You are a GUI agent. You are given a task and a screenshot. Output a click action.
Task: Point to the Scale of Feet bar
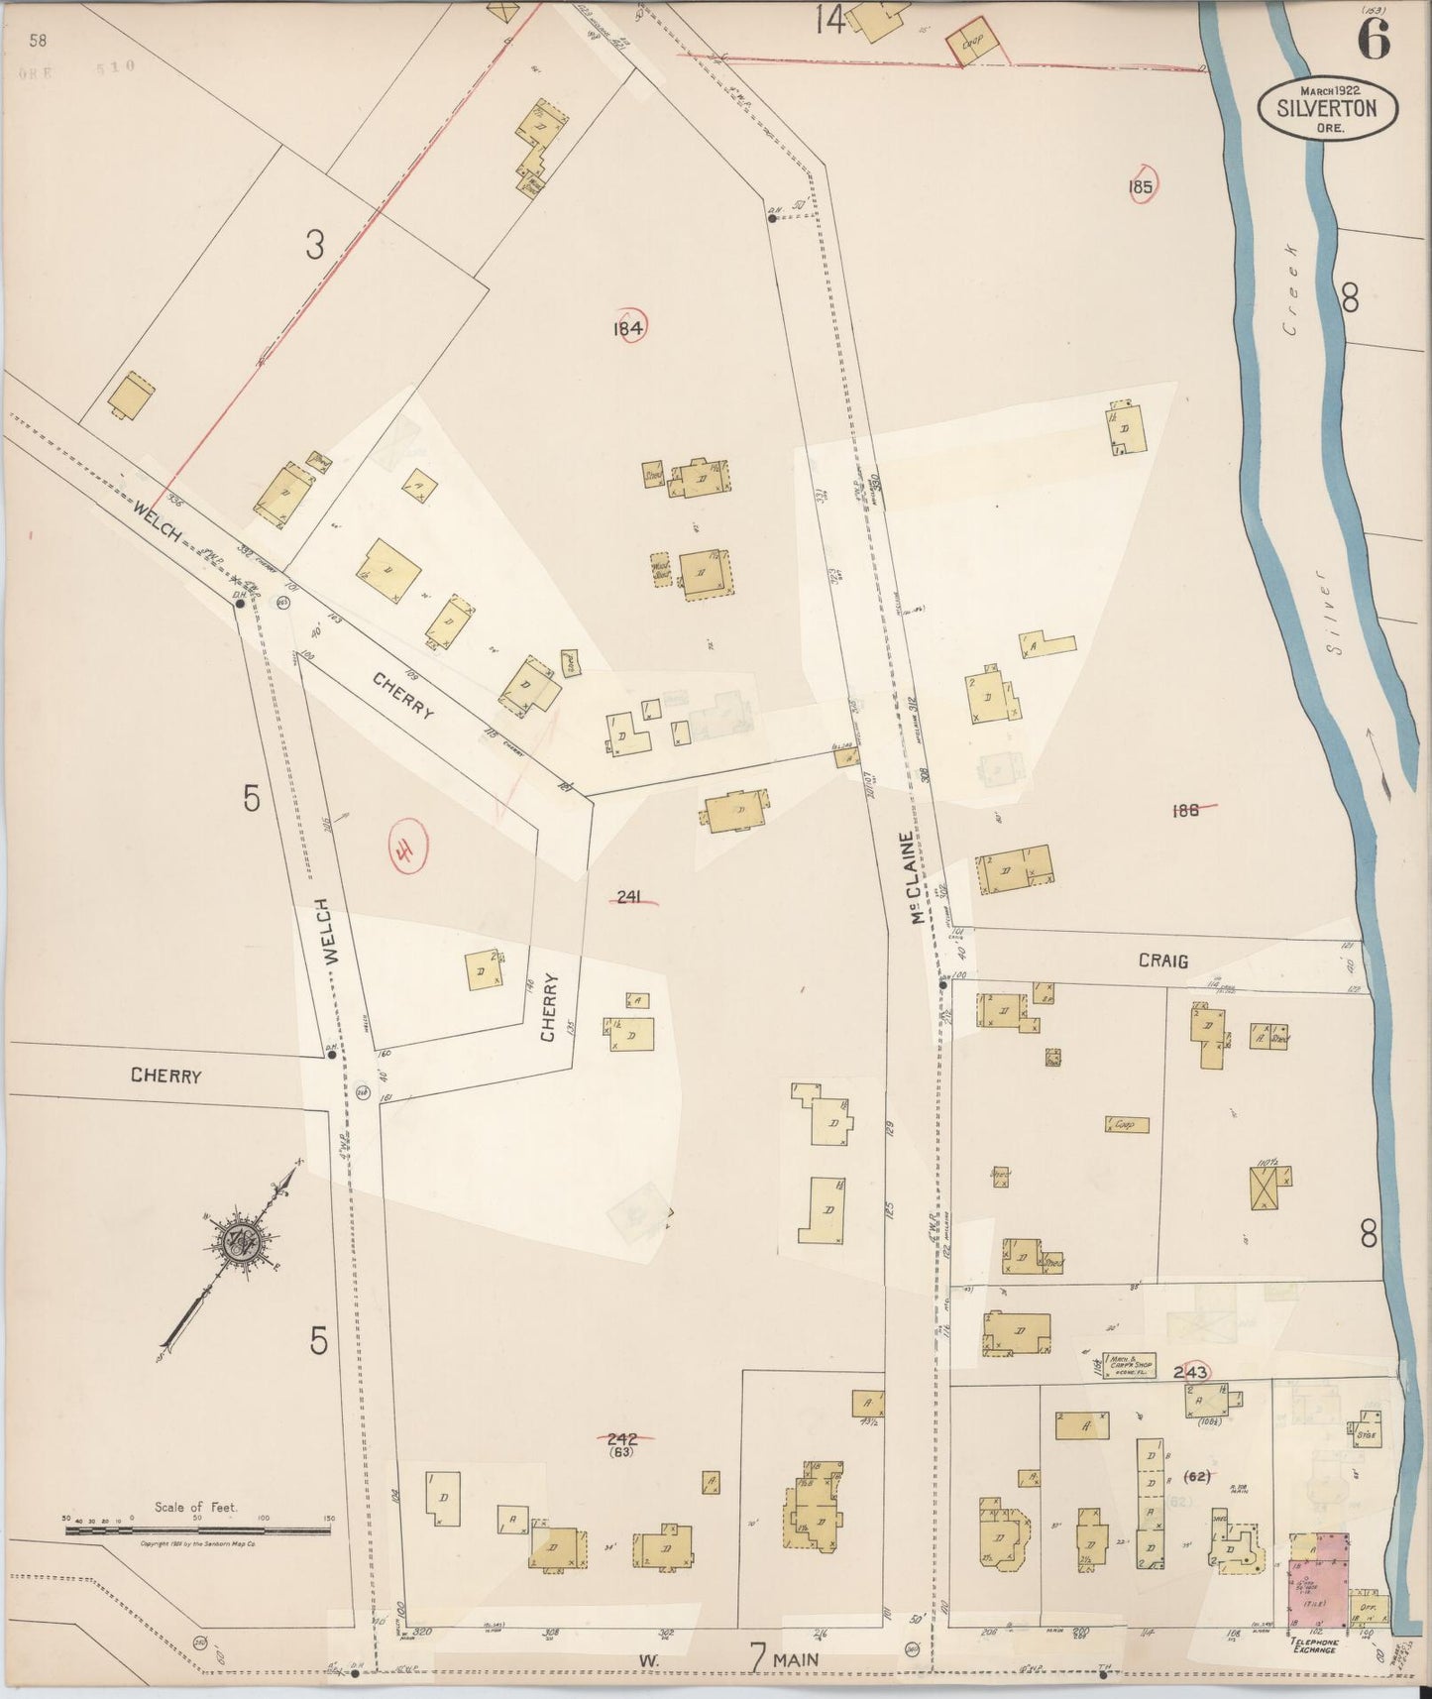(x=198, y=1530)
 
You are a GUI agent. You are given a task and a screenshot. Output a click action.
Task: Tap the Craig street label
(x=1162, y=961)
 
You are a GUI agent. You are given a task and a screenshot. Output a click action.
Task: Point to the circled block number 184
(x=628, y=328)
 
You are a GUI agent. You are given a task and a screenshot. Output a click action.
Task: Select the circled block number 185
(x=1141, y=185)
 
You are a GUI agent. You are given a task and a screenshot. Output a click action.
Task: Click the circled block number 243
(x=1190, y=1372)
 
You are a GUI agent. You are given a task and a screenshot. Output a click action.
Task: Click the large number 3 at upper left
(x=314, y=244)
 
